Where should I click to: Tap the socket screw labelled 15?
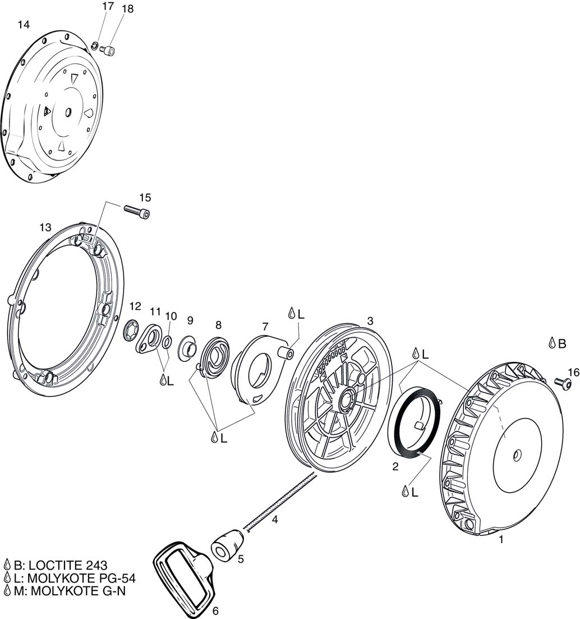point(136,211)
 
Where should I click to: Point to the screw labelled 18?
point(107,51)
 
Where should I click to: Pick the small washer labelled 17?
point(95,45)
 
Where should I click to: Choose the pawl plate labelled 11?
point(148,339)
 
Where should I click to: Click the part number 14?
point(24,25)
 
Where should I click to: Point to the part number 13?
point(45,227)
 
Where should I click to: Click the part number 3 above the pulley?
point(370,320)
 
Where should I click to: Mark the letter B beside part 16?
point(561,344)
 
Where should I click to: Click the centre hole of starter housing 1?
point(517,453)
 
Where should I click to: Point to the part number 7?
point(265,326)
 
